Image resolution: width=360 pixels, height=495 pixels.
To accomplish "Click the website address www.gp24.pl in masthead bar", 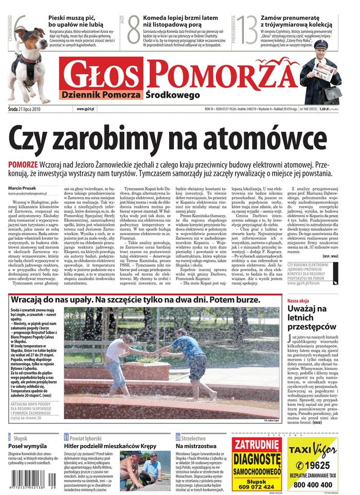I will pos(84,109).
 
